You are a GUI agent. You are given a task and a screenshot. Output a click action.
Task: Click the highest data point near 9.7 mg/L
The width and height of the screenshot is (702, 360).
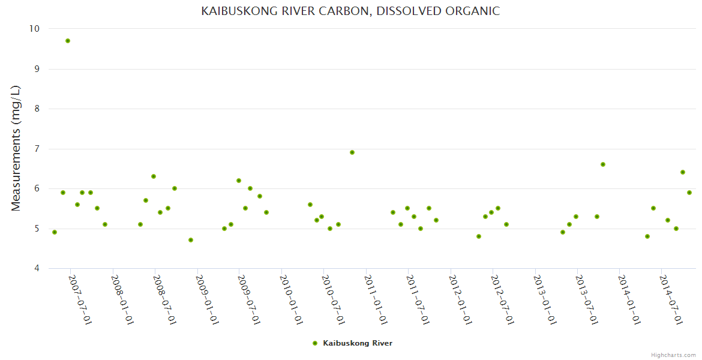coord(68,41)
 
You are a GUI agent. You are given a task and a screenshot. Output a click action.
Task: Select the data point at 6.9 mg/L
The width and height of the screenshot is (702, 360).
coord(352,152)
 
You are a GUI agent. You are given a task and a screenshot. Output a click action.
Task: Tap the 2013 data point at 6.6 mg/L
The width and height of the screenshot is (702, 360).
coord(603,164)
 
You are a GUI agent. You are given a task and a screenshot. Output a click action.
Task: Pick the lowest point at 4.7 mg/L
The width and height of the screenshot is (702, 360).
coord(191,240)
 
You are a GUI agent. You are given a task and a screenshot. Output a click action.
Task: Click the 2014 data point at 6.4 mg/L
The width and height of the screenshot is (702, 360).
coord(683,172)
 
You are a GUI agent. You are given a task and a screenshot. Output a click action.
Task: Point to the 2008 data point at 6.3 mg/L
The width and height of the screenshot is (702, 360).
coord(154,176)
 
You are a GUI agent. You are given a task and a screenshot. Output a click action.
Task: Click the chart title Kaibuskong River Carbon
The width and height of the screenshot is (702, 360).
coord(350,11)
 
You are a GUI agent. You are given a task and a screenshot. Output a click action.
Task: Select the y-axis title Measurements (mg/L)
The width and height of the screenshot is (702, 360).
coord(16,148)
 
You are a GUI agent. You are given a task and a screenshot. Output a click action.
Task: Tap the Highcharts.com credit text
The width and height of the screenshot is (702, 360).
coord(673,355)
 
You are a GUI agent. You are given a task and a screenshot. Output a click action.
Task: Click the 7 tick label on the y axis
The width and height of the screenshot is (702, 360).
coord(36,149)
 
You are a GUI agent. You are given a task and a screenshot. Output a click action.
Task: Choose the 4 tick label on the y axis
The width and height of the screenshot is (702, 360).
coord(36,268)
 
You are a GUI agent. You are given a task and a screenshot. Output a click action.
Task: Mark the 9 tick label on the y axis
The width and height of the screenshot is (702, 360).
coord(36,69)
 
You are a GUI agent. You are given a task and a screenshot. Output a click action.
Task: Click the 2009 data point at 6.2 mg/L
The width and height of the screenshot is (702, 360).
coord(239,181)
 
